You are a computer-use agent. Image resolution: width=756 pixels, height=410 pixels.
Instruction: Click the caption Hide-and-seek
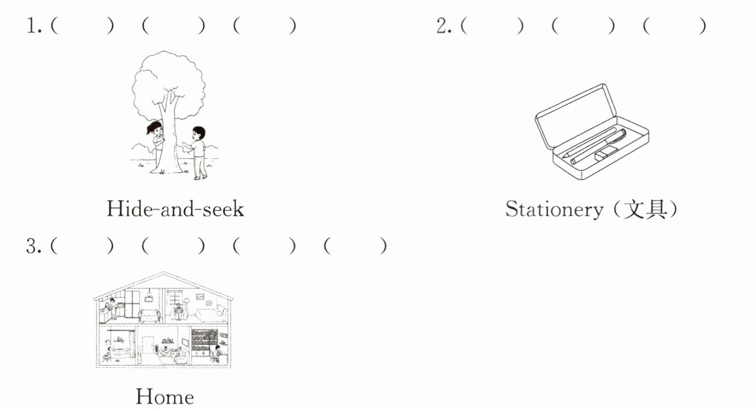(175, 210)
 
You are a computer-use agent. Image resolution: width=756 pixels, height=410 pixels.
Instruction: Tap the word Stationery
(554, 210)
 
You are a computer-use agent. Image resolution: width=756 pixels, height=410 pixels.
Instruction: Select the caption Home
(164, 396)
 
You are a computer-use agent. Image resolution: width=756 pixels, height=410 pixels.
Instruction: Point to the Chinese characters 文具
(648, 210)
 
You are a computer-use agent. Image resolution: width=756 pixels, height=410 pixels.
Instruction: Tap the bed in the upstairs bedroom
(212, 314)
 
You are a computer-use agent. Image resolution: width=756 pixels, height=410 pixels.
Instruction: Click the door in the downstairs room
(148, 345)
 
